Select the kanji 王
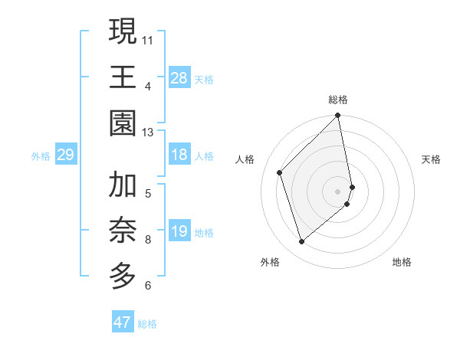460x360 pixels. coord(123,77)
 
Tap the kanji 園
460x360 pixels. coord(123,123)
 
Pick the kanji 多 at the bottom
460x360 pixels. coord(123,274)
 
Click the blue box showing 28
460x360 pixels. coord(179,78)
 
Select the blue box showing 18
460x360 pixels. coord(179,155)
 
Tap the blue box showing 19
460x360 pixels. coord(179,232)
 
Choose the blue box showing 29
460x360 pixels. coord(65,155)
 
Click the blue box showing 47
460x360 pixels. coord(123,322)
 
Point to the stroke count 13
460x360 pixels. coord(148,133)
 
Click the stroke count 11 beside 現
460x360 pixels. coord(148,38)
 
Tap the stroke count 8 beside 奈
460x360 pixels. coord(148,239)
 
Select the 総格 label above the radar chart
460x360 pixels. coord(338,100)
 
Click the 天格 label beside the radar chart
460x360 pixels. coord(431,159)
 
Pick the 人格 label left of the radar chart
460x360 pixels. coord(245,159)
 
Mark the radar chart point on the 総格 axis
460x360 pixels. coord(338,116)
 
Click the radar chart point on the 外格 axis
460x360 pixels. coord(301,242)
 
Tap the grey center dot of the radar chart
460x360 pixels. coord(338,191)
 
